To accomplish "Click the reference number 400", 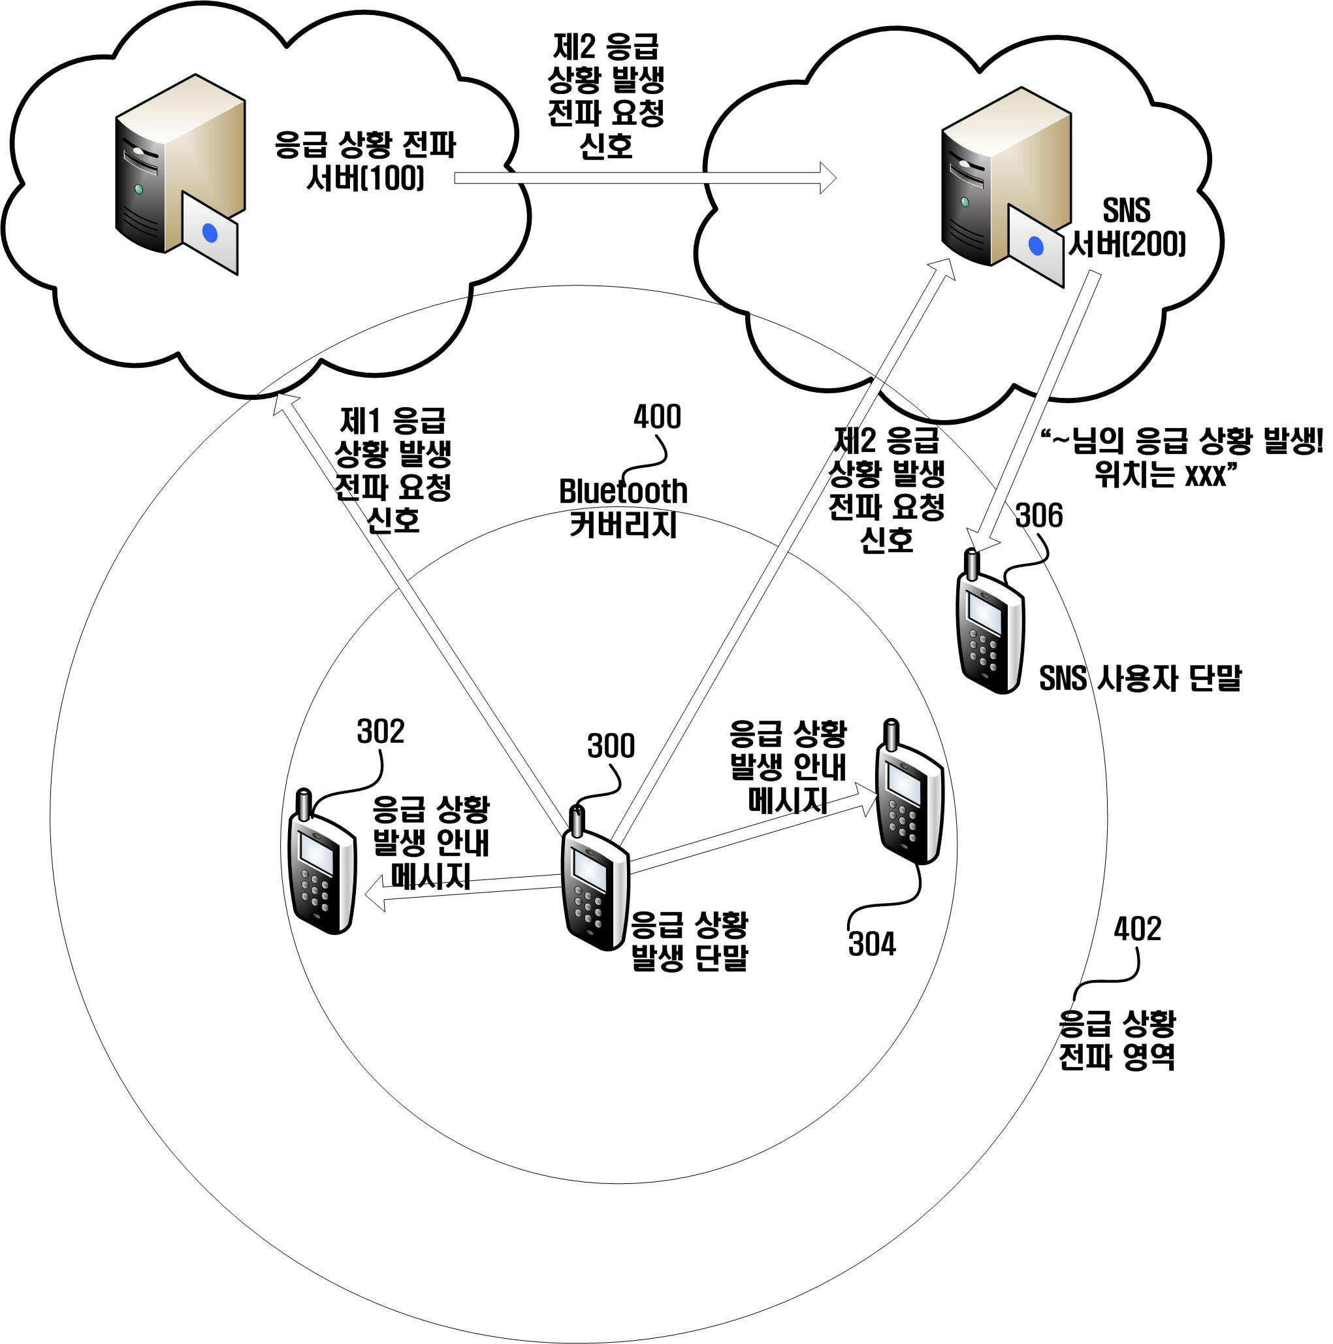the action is [x=656, y=417].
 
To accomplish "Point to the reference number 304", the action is [x=872, y=944].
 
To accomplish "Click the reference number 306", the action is [x=1039, y=516].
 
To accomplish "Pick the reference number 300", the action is [x=611, y=746].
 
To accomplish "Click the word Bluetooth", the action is [x=623, y=491].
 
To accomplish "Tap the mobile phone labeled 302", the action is [x=322, y=861].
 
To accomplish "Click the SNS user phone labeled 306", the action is [x=990, y=621].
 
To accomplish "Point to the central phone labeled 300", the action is [x=594, y=878].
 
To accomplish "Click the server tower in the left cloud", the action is [x=180, y=163].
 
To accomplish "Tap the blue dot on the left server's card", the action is [x=209, y=234].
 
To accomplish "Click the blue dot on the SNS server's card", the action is [x=1035, y=246].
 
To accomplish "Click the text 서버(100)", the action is [x=365, y=179].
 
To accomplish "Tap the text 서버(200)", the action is [x=1127, y=244].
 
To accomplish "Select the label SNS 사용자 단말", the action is [x=1140, y=678].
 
